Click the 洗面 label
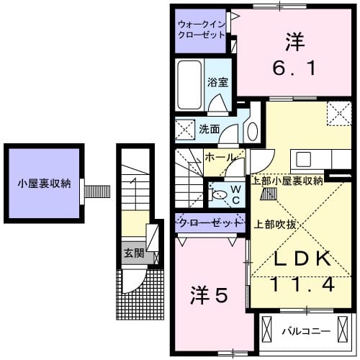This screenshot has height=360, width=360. click(210, 130)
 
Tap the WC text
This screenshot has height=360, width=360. click(235, 193)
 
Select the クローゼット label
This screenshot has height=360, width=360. click(210, 223)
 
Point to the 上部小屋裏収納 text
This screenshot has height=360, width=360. click(287, 181)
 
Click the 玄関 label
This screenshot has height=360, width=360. click(133, 253)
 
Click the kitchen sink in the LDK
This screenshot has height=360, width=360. click(303, 158)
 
